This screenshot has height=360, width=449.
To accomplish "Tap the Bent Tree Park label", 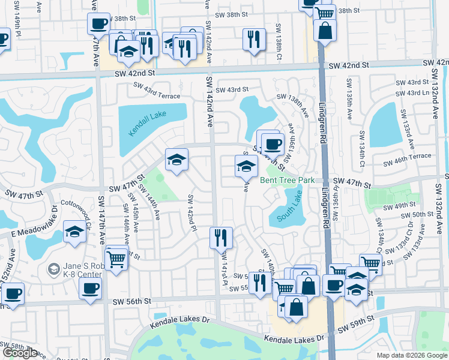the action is pyautogui.click(x=287, y=180).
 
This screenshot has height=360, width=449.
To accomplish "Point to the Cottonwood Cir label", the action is pyautogui.click(x=74, y=210).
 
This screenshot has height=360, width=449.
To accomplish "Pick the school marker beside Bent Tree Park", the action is pyautogui.click(x=245, y=165).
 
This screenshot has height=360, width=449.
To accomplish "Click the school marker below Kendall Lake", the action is pyautogui.click(x=176, y=159).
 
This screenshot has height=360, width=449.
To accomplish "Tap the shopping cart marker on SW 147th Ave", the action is pyautogui.click(x=116, y=259).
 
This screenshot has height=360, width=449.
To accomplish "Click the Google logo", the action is pyautogui.click(x=20, y=353).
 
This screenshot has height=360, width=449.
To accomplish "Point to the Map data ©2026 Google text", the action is pyautogui.click(x=411, y=355).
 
